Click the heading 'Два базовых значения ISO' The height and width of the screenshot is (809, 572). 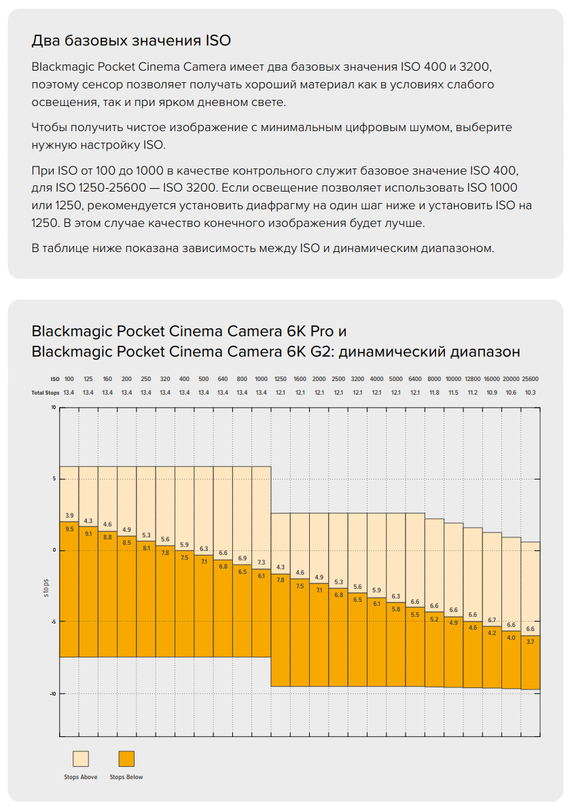coord(131,41)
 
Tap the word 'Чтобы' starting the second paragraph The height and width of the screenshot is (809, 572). coord(50,128)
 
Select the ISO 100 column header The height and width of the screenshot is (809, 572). coord(69,378)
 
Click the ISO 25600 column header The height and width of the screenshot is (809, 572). coord(531,378)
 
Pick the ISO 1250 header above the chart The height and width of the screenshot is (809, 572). coord(281,378)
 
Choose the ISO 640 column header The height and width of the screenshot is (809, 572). coord(223,378)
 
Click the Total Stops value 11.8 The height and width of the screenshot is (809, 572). coord(434,393)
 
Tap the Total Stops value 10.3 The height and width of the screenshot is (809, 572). coord(531,393)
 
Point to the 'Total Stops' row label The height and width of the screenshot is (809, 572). coord(42,393)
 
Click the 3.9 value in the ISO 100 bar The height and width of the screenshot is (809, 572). coord(69,516)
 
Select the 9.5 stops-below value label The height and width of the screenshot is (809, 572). coord(69,528)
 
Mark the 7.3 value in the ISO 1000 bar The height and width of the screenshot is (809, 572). coord(262,562)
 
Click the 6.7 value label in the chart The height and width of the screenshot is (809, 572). coord(492,620)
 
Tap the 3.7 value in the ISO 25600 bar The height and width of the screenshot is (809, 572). coord(531,641)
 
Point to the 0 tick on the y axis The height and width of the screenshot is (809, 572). coord(54,550)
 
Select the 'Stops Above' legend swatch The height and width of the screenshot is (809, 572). coord(81,759)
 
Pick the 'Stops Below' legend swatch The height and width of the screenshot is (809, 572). coord(126,759)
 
